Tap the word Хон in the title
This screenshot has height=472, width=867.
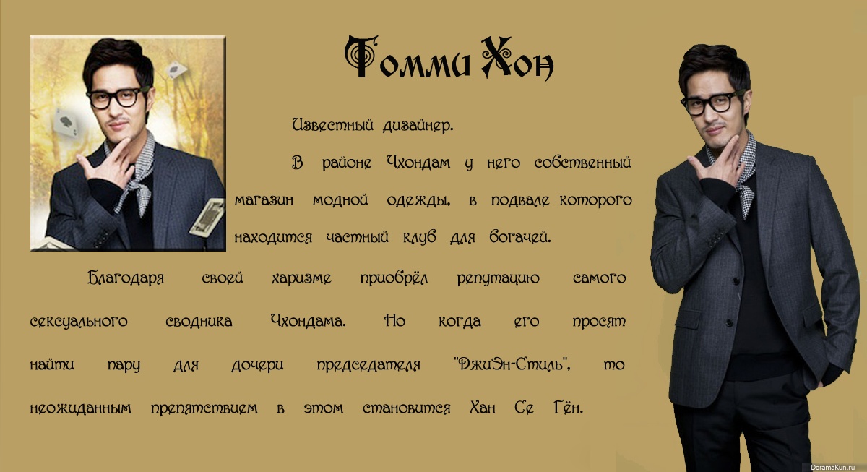[517, 59]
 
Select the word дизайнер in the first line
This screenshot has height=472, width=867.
[418, 126]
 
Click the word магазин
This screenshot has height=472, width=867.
[264, 200]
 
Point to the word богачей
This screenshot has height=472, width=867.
[519, 236]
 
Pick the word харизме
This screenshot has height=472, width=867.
[301, 278]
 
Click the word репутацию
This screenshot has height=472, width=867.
[498, 279]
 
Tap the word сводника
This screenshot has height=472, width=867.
[199, 321]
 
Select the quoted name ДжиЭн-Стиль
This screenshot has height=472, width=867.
[512, 364]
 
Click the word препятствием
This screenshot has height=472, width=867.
[204, 408]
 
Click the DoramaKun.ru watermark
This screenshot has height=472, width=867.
[837, 468]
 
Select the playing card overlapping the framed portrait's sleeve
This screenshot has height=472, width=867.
[208, 218]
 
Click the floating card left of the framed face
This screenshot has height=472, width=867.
[66, 122]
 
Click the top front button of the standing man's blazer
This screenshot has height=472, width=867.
[736, 280]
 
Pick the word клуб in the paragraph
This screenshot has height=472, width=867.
[419, 236]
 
